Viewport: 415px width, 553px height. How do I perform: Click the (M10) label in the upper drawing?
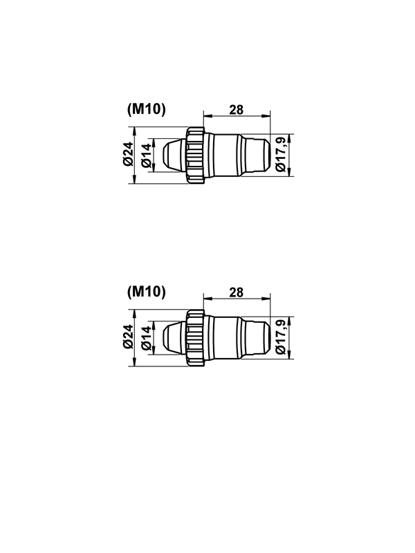(146, 109)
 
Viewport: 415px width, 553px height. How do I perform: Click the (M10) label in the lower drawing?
(146, 292)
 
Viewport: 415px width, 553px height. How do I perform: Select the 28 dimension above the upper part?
(237, 110)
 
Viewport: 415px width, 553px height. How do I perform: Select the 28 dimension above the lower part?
(237, 292)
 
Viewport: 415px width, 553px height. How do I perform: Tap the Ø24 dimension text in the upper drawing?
(128, 153)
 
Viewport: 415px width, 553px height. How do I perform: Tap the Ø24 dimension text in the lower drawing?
(128, 337)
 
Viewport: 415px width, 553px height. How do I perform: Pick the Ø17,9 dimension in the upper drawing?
(282, 155)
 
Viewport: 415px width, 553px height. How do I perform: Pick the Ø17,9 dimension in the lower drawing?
(282, 337)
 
